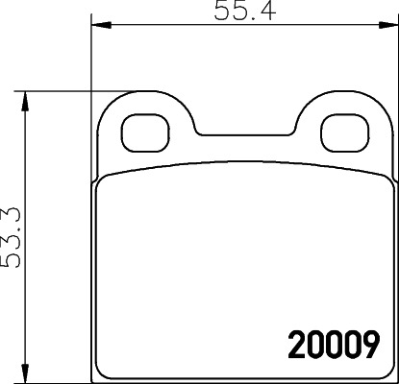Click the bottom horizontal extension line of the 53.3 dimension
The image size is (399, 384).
point(58,380)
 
